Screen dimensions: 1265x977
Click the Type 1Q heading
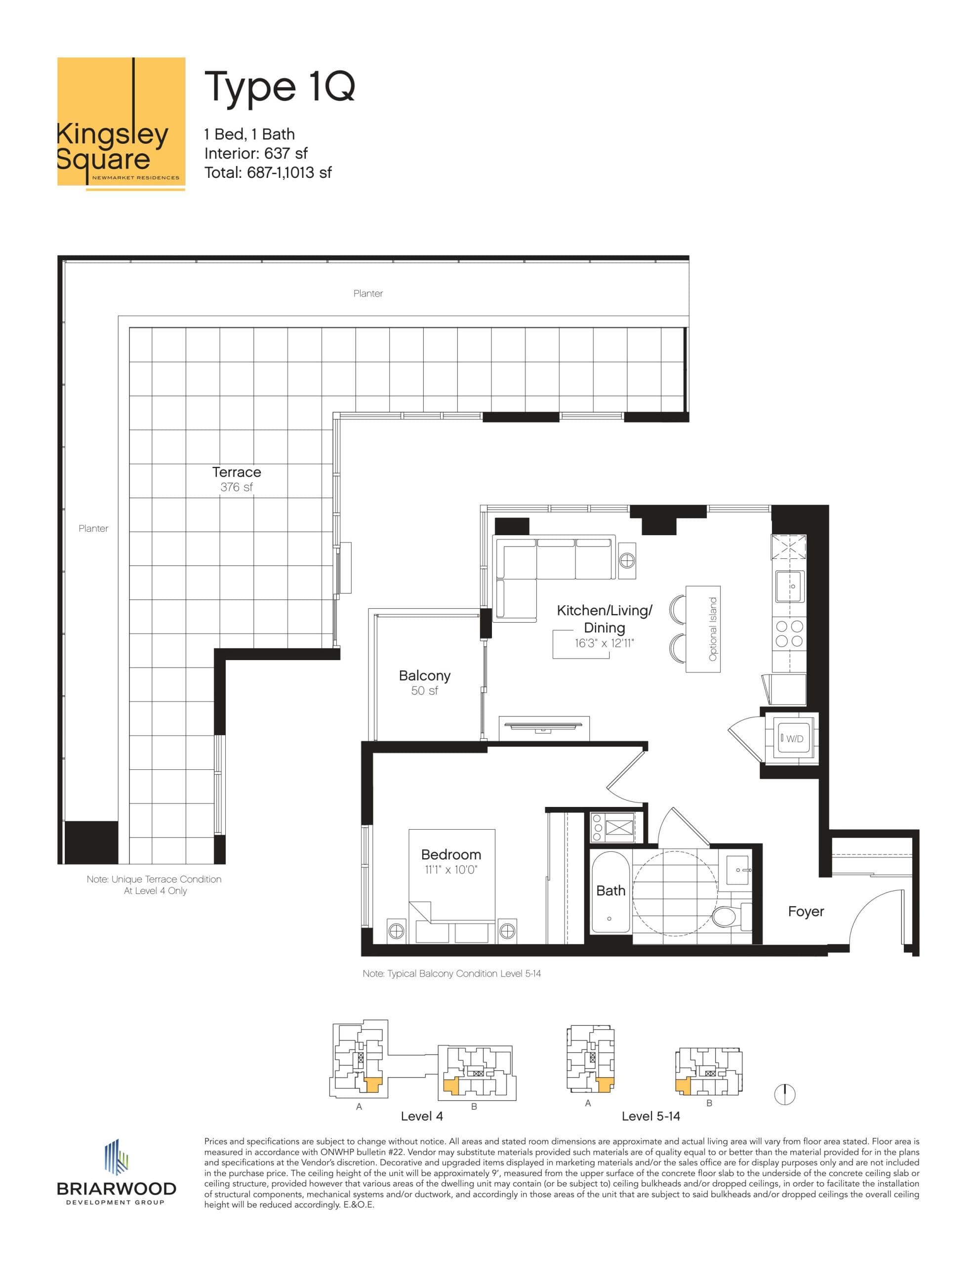coord(279,87)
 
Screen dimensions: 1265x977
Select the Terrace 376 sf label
coord(236,479)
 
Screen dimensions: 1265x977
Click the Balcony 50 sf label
coord(424,682)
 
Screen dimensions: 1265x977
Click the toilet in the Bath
coord(725,916)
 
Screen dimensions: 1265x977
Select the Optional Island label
coord(713,629)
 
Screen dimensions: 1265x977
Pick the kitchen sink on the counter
coord(789,586)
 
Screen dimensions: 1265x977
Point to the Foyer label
coord(806,912)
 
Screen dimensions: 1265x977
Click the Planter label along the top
coord(368,294)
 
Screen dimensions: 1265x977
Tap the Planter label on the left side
coord(93,528)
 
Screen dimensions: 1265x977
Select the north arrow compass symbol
coord(785,1094)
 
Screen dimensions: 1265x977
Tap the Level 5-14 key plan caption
coord(651,1116)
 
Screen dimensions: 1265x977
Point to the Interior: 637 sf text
coord(255,154)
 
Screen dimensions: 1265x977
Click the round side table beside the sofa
coord(627,559)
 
